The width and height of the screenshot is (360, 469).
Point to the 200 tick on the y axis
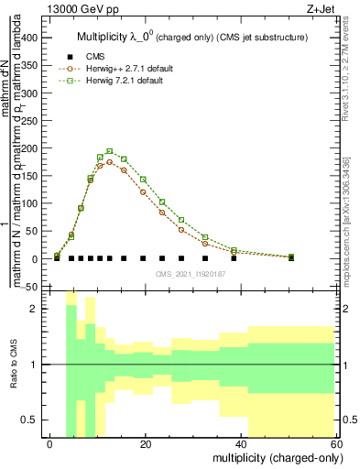tap(32, 148)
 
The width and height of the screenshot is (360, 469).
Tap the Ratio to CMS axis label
tap(12, 365)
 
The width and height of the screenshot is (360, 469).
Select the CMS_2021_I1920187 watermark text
tap(192, 274)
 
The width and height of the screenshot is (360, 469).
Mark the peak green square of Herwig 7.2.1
tap(110, 151)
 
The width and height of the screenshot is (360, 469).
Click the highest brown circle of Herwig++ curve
tap(110, 162)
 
